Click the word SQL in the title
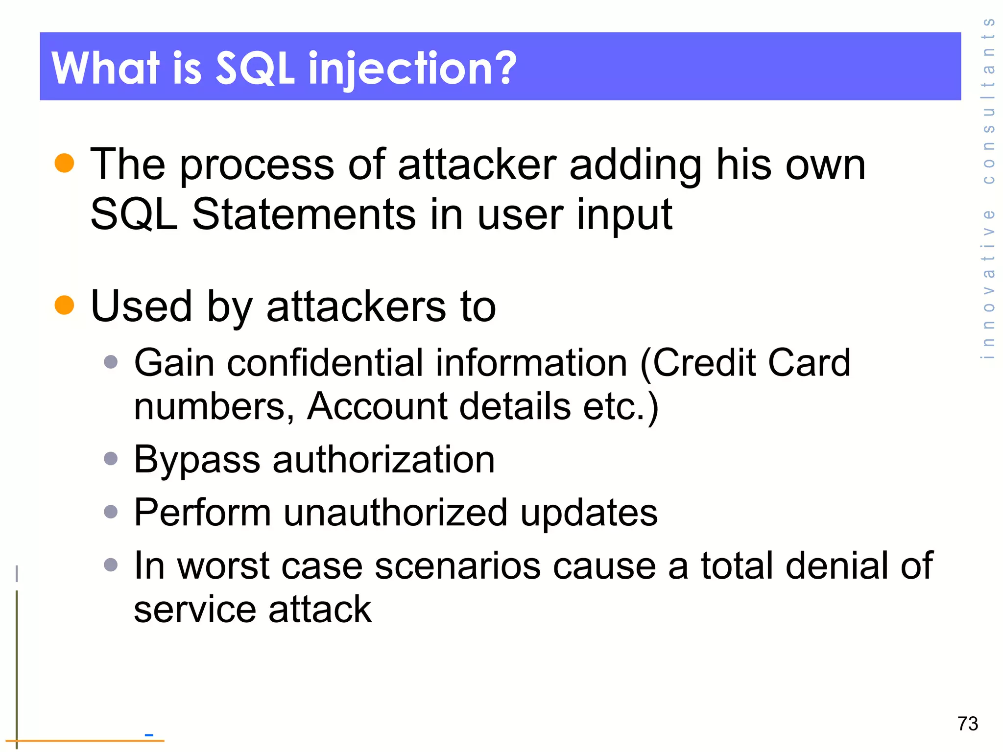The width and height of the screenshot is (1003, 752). click(x=255, y=68)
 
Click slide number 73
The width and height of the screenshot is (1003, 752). click(x=967, y=724)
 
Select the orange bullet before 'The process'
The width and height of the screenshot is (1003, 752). click(x=64, y=163)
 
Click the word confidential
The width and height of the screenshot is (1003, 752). click(x=325, y=363)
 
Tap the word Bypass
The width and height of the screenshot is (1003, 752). click(x=197, y=460)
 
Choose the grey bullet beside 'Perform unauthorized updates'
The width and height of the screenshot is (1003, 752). click(x=111, y=512)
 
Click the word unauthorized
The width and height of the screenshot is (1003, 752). click(x=395, y=513)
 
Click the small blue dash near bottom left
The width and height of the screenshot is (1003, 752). click(x=149, y=735)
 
